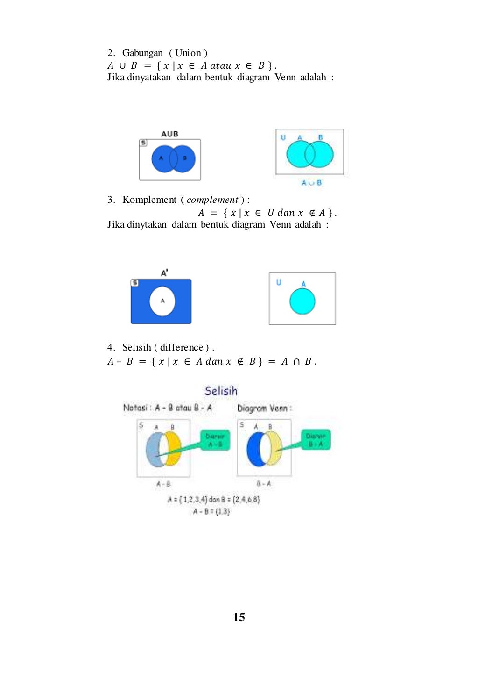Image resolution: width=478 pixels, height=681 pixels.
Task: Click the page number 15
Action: click(239, 617)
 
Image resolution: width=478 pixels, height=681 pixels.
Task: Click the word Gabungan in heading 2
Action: click(142, 53)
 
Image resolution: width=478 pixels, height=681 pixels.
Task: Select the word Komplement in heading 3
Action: click(149, 200)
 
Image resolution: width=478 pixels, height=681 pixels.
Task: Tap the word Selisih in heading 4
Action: click(136, 347)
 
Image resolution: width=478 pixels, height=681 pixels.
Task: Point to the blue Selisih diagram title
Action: click(221, 391)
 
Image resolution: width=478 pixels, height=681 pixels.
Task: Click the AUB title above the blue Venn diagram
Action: click(169, 134)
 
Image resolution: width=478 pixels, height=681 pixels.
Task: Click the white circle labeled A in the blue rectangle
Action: click(162, 301)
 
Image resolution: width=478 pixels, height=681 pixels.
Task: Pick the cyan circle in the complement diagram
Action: click(302, 301)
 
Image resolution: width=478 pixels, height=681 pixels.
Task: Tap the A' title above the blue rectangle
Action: click(164, 272)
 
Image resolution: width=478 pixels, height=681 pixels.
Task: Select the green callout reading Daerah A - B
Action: click(215, 440)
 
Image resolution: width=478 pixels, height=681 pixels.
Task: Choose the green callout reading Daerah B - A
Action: click(316, 440)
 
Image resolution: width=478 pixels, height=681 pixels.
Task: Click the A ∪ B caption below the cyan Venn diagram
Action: click(311, 183)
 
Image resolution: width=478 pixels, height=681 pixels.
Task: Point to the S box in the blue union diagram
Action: click(143, 143)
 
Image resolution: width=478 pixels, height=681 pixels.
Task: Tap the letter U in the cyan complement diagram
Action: click(279, 282)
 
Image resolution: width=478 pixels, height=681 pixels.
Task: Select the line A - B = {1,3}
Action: click(211, 511)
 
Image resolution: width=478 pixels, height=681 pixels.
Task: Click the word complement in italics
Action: click(212, 200)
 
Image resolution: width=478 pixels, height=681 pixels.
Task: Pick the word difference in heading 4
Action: click(182, 347)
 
